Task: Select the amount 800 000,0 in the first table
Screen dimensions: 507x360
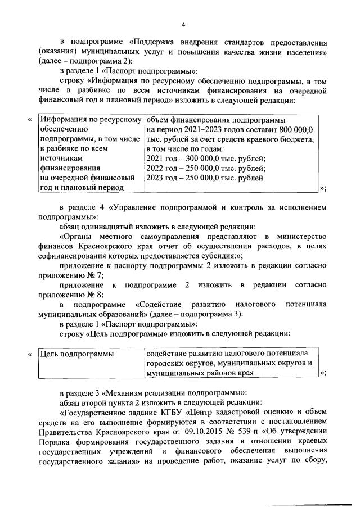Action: click(x=295, y=129)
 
